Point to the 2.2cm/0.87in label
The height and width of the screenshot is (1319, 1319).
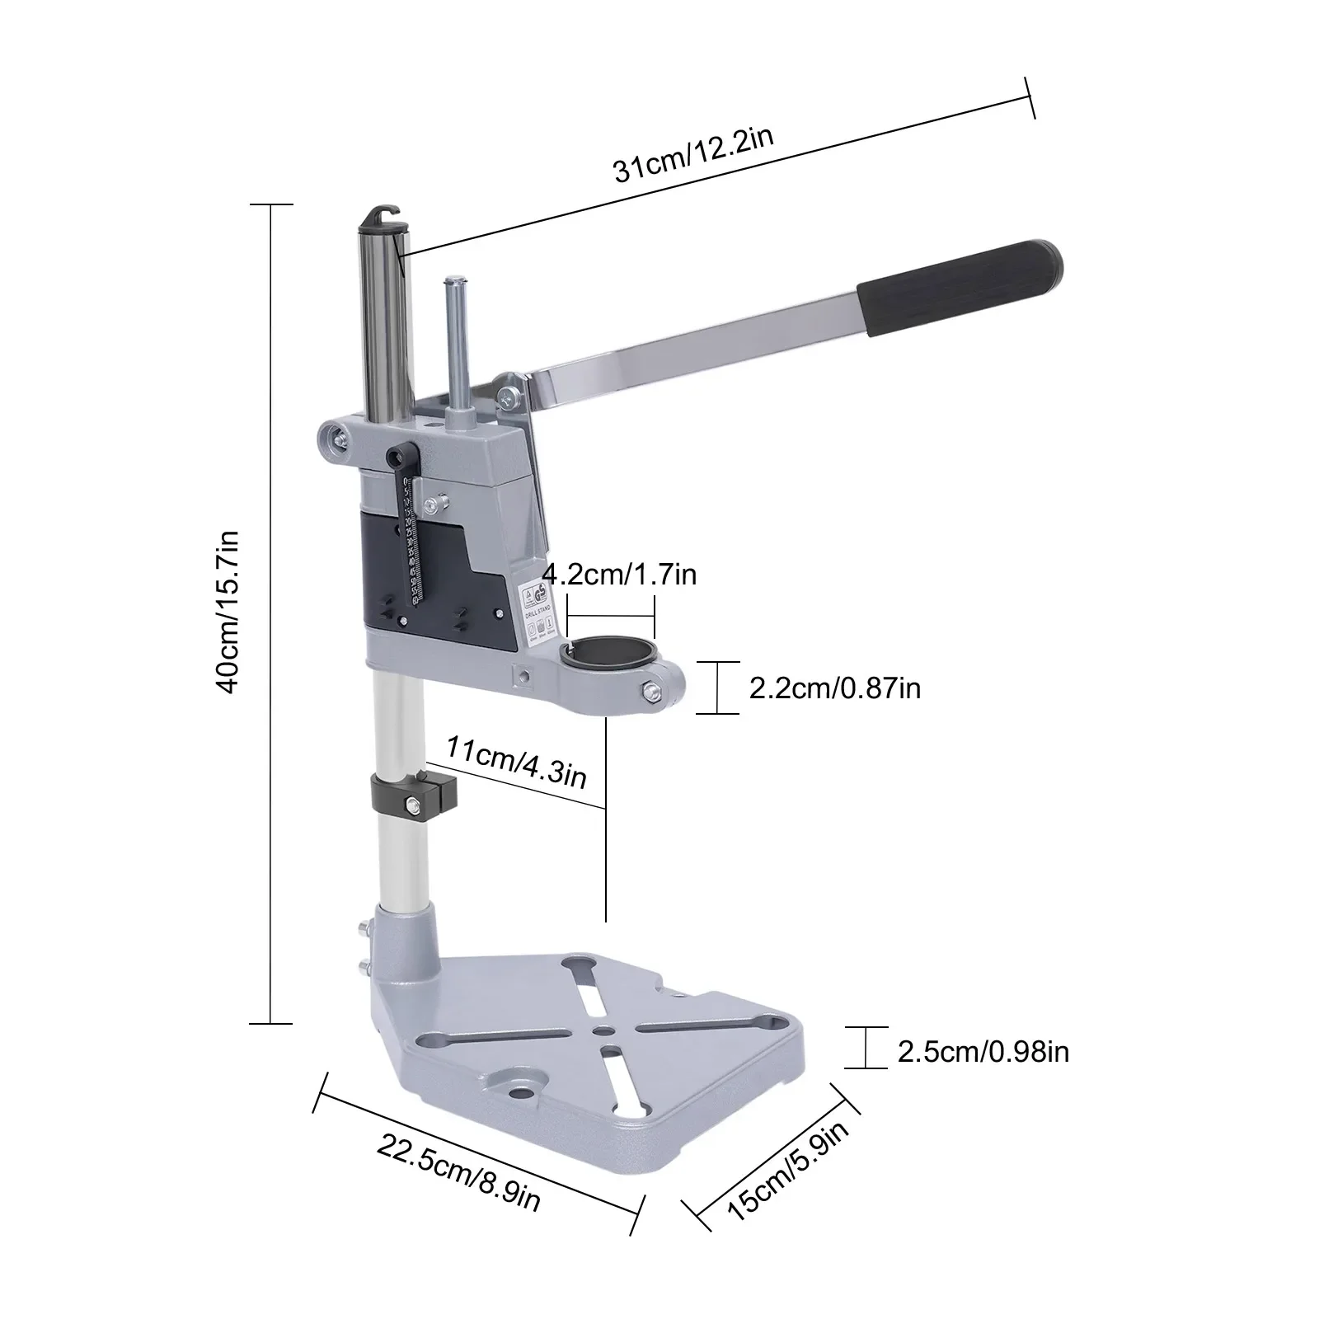(x=834, y=687)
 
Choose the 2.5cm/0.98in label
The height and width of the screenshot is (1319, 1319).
(x=983, y=1052)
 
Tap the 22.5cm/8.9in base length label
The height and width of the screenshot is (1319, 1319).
(x=460, y=1171)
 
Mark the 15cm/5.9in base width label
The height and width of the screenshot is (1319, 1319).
(x=787, y=1171)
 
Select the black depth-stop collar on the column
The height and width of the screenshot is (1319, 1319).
(x=415, y=791)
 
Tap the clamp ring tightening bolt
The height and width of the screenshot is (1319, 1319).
(x=654, y=692)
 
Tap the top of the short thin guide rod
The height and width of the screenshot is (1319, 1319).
(x=454, y=284)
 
